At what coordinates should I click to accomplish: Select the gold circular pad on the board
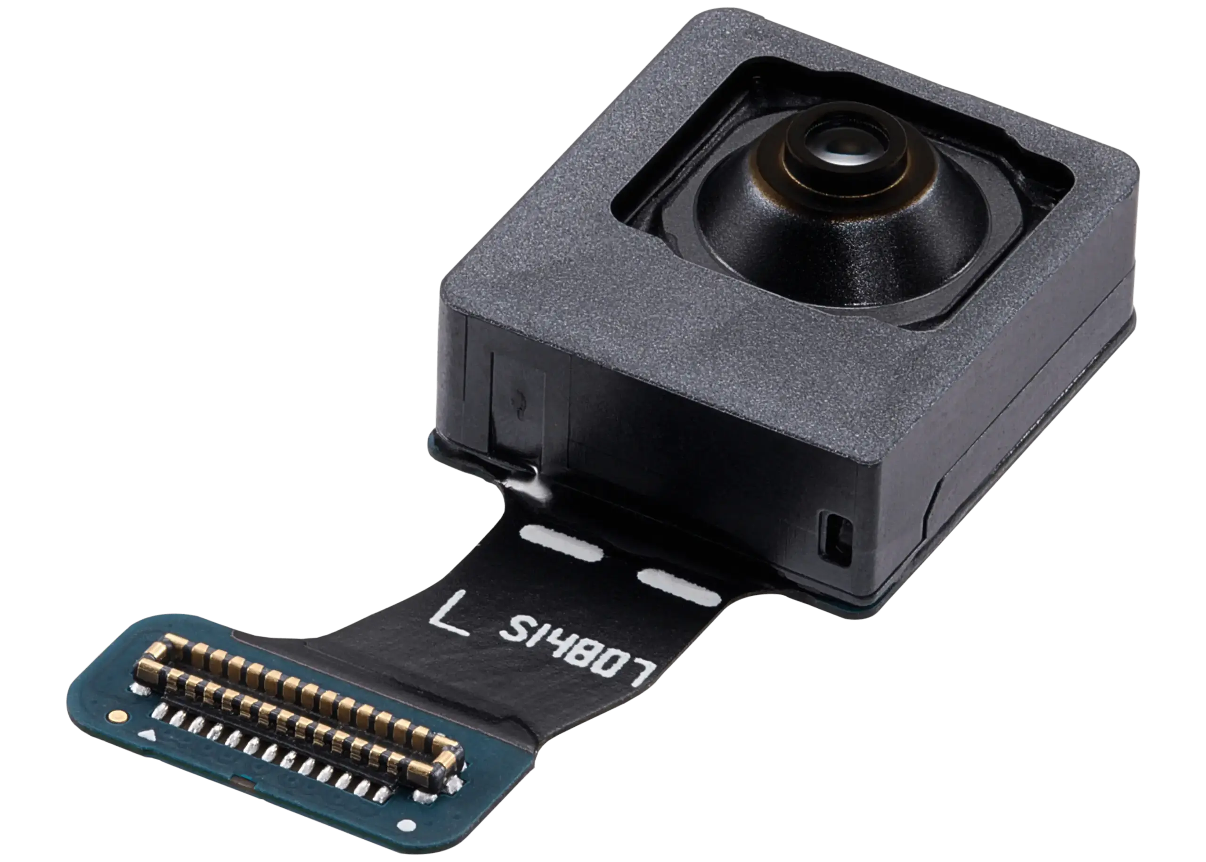coord(117,716)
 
